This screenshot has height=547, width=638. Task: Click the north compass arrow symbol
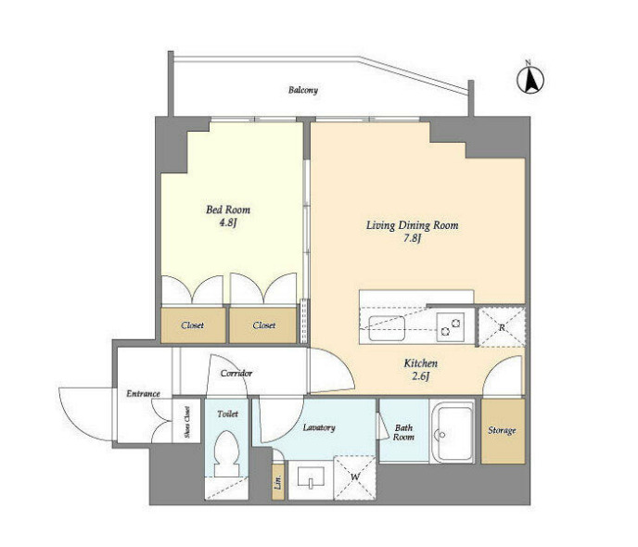530,79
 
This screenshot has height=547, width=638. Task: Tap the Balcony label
303,90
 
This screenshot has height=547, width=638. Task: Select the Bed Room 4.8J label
228,216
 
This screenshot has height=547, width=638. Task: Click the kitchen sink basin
387,328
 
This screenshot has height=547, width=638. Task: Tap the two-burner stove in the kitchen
451,327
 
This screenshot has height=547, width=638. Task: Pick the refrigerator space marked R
502,327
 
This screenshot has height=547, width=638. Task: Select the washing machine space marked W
355,477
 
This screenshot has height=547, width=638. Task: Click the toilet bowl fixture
227,453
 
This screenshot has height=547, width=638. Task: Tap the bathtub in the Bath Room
452,431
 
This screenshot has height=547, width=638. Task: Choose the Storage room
503,431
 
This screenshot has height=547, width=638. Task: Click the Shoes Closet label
187,422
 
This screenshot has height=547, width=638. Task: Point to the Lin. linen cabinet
278,481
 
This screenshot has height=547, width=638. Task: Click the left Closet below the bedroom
193,325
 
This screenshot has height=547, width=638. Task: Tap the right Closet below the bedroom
263,325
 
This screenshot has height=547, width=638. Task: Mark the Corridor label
236,373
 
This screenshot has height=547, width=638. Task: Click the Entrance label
143,394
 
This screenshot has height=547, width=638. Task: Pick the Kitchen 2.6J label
421,369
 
